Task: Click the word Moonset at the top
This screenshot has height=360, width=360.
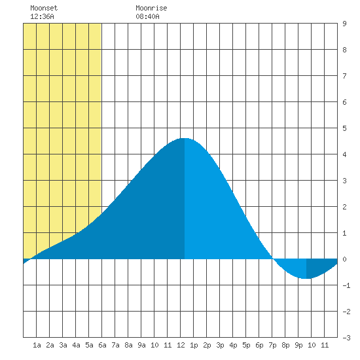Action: click(44, 8)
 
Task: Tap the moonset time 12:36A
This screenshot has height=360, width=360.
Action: click(42, 16)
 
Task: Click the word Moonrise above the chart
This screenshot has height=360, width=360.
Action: click(151, 8)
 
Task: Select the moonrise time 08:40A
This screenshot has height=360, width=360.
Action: click(147, 16)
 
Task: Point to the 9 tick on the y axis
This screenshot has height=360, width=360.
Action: click(344, 24)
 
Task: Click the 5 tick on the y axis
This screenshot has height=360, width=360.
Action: click(344, 128)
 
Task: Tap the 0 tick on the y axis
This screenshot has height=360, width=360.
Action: click(344, 259)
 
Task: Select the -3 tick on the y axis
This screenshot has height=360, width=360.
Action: click(346, 338)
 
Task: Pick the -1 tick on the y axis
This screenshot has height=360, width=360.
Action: click(346, 285)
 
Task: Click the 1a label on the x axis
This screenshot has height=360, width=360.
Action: click(37, 345)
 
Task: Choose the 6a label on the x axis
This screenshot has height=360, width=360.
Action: click(102, 345)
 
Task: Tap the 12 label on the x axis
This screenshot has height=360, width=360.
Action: click(181, 345)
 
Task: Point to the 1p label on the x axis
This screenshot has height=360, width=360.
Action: click(194, 345)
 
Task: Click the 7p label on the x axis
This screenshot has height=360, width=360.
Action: click(272, 345)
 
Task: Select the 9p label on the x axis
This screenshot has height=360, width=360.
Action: click(298, 345)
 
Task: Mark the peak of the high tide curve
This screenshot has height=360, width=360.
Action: click(185, 138)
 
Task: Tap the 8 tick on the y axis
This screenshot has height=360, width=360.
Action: click(344, 50)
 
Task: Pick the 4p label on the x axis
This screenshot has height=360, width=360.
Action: click(233, 345)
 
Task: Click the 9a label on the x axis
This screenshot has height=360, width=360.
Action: click(141, 345)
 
